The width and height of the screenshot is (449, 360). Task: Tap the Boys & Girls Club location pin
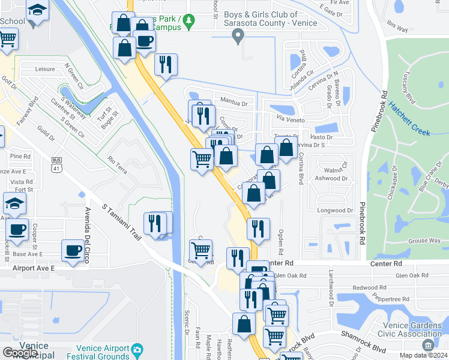tap(238, 38)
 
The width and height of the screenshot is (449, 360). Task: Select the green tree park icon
tap(189, 21)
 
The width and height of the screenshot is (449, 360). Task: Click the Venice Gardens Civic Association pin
tap(428, 345)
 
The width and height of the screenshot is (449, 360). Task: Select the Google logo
tap(19, 353)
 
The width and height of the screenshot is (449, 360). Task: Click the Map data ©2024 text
tap(424, 355)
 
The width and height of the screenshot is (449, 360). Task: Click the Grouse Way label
tap(424, 241)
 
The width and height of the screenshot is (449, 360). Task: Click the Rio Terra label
tap(117, 165)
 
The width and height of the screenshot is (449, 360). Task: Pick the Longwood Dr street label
tap(336, 210)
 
